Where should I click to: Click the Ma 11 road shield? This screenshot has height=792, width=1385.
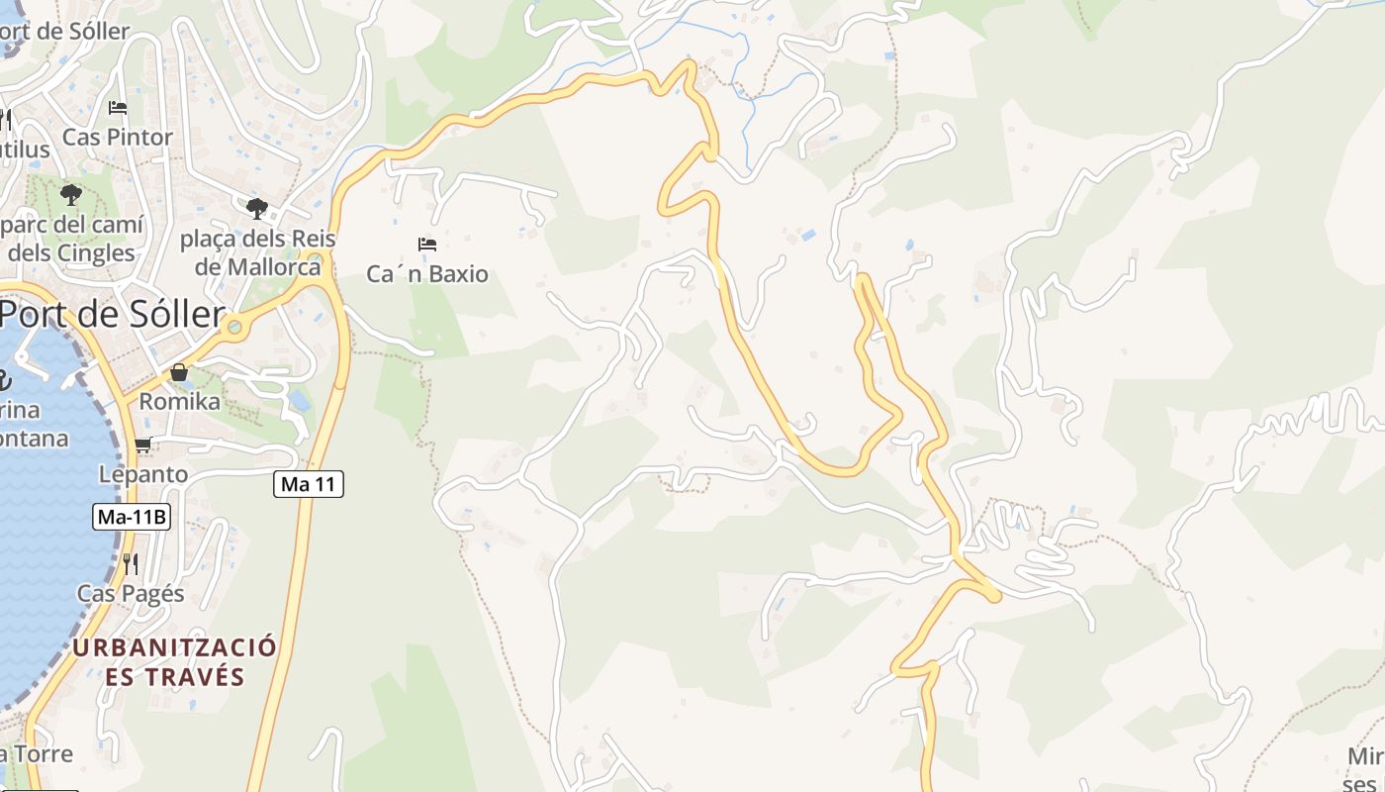point(308,484)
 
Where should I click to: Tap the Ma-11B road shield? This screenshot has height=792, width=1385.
point(133,517)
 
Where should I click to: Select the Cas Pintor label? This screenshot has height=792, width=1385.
point(118,137)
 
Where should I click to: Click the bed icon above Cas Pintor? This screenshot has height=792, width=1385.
point(118,107)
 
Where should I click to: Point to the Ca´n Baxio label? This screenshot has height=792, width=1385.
point(427,274)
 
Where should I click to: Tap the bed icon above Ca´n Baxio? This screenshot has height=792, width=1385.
point(427,244)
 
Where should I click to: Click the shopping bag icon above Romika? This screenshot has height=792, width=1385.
point(179,372)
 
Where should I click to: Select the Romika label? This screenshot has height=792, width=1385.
point(179,401)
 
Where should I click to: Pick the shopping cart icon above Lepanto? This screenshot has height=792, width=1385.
point(142,445)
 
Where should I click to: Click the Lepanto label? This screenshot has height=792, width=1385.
point(143,474)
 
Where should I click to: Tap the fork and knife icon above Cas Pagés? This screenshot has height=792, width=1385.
point(130,563)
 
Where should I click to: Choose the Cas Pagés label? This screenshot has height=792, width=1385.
point(131,594)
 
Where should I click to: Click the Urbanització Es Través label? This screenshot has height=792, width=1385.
point(174,662)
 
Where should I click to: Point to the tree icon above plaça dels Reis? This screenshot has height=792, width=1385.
point(257,209)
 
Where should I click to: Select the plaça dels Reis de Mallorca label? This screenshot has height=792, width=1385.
point(258,252)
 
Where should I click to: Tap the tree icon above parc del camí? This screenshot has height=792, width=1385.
point(70,194)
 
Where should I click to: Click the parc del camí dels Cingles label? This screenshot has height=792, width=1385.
point(71,239)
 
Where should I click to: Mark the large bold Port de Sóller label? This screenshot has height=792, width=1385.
point(111,314)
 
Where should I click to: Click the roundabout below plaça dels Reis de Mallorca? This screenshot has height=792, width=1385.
point(233,326)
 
